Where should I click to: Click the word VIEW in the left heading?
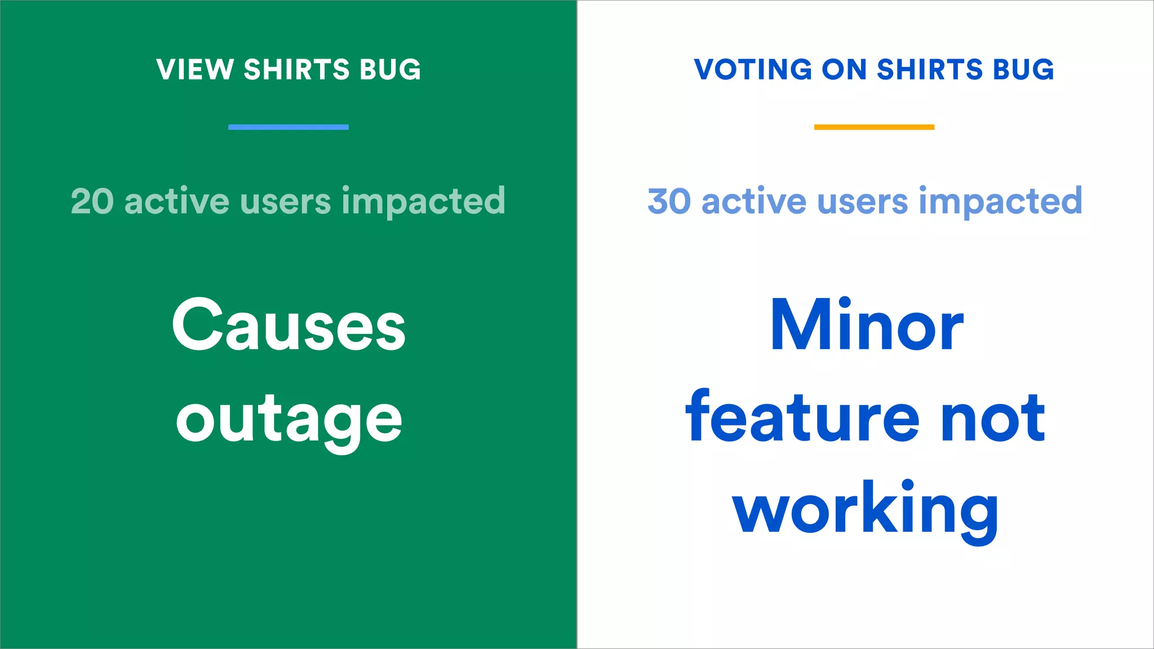(x=195, y=70)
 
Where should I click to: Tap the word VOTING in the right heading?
(x=753, y=70)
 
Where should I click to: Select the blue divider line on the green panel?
(x=288, y=127)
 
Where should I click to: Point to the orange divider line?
(x=874, y=127)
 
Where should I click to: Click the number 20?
(x=92, y=201)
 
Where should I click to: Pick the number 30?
(x=669, y=201)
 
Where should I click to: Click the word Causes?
(x=288, y=326)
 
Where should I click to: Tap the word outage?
(x=288, y=420)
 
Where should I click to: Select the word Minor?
(x=866, y=326)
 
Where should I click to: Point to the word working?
(x=865, y=510)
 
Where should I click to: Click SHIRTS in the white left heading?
(x=297, y=70)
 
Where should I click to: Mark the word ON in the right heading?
(x=844, y=70)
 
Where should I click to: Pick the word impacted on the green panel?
(x=423, y=202)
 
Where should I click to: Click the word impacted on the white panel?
(x=1000, y=202)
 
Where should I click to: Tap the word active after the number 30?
(x=754, y=201)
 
